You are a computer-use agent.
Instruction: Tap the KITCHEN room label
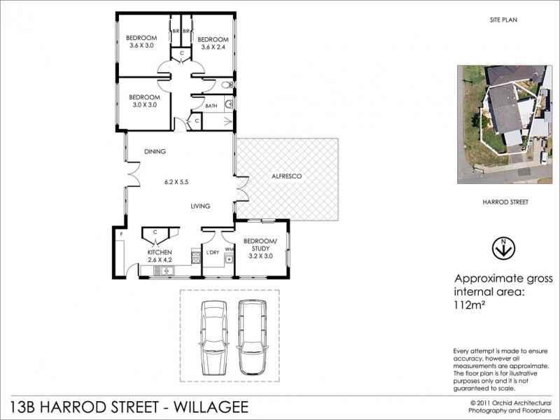(x=160, y=252)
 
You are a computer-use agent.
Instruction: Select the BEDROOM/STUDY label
(x=260, y=245)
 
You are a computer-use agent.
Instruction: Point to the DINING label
(x=155, y=151)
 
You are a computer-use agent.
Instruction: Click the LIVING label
(x=201, y=206)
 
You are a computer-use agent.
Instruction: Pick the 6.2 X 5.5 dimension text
(x=176, y=182)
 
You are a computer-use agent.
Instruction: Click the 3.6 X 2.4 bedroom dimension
(x=213, y=47)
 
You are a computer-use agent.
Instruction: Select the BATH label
(x=211, y=106)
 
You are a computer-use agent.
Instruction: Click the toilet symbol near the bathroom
(x=224, y=86)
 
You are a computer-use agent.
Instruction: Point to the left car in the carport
(x=213, y=337)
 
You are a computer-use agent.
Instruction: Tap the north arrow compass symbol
(x=503, y=248)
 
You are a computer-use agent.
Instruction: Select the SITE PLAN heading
(x=503, y=22)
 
